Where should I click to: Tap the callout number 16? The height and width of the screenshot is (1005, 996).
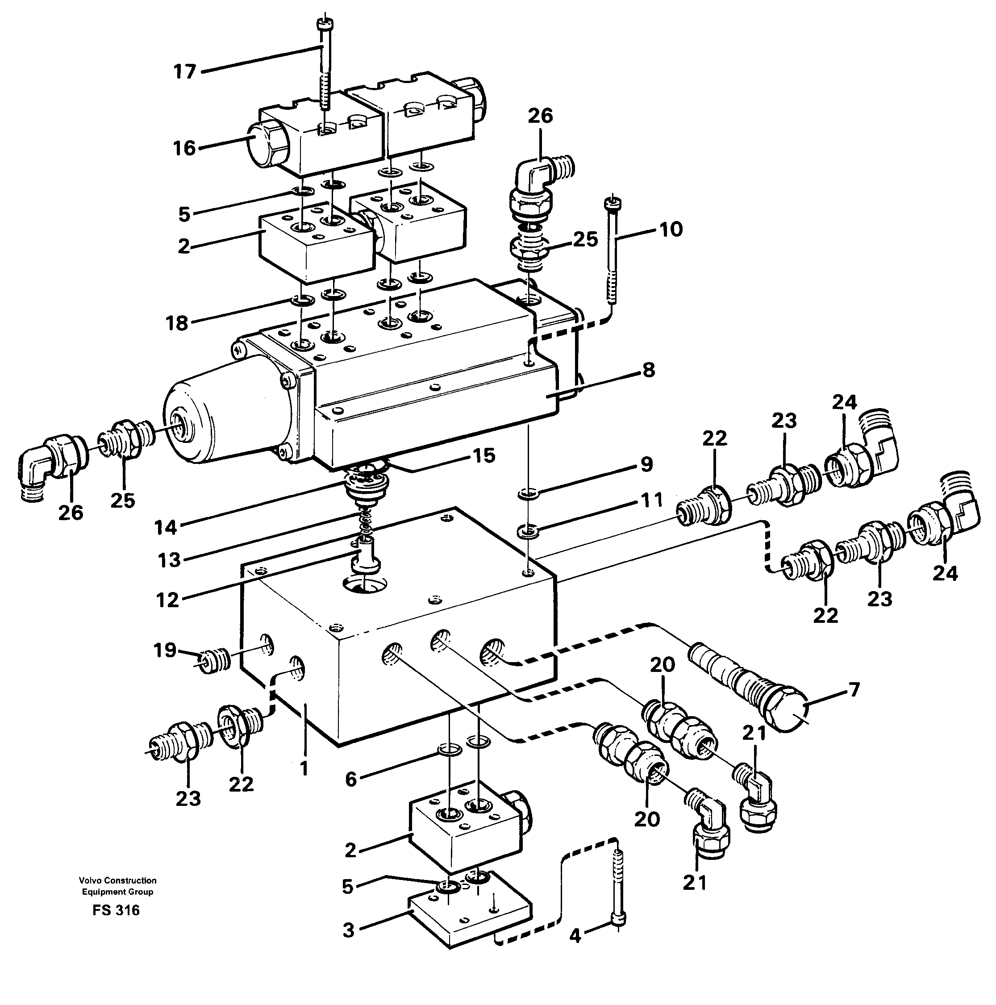click(x=184, y=148)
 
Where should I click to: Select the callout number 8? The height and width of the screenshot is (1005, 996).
click(x=648, y=371)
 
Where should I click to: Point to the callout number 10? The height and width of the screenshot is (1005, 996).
click(x=671, y=229)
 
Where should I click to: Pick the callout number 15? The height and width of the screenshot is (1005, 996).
click(x=483, y=456)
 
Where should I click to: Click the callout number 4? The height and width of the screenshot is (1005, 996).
click(x=574, y=936)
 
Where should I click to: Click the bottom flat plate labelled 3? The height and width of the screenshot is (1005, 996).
click(x=468, y=923)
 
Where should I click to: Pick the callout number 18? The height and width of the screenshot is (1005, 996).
click(x=177, y=323)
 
